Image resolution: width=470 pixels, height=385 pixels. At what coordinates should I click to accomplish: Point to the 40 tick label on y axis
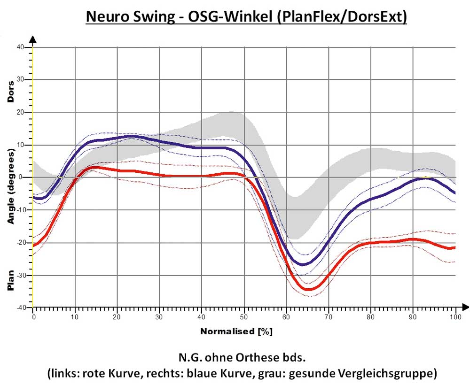coord(21,47)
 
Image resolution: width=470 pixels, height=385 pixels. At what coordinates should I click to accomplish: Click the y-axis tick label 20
coord(21,112)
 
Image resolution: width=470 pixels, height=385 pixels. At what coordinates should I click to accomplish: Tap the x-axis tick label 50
coord(244,317)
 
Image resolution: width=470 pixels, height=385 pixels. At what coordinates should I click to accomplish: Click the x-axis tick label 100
coord(455,317)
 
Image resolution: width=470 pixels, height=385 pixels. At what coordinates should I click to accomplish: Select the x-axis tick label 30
coord(160,317)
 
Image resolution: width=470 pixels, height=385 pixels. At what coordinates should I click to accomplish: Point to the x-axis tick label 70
coord(329,317)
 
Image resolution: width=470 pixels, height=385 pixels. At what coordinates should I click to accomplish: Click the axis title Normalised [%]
coord(236,331)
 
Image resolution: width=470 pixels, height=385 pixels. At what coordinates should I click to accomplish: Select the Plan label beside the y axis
coord(10,280)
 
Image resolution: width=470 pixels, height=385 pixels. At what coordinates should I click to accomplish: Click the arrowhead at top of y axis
coord(33,40)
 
